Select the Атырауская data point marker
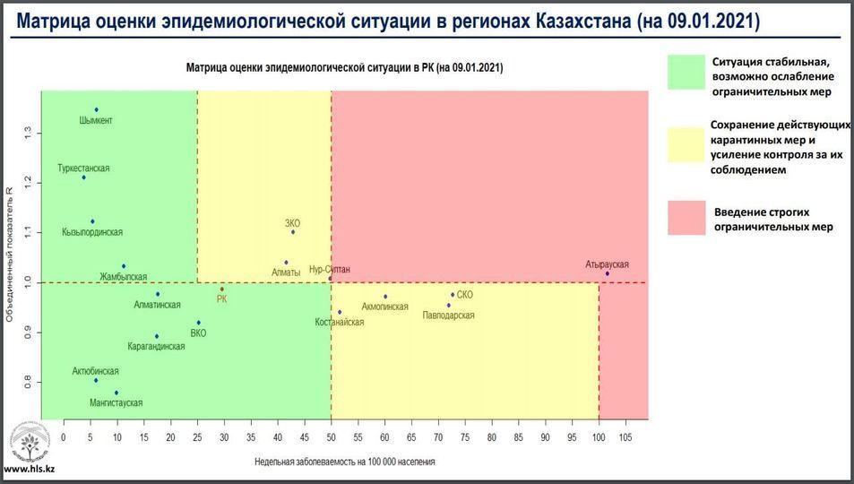(x=607, y=274)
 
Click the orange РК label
(x=221, y=299)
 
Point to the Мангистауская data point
(x=116, y=393)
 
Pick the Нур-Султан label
(x=329, y=269)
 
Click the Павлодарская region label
(x=448, y=315)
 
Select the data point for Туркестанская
(x=83, y=177)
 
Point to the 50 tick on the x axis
(x=331, y=436)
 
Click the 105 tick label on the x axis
(x=625, y=436)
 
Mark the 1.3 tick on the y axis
(x=29, y=133)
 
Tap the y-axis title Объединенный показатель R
(x=10, y=255)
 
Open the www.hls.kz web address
(x=29, y=469)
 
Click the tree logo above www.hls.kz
(x=30, y=445)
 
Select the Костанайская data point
(x=340, y=312)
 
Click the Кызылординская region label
(x=92, y=232)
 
